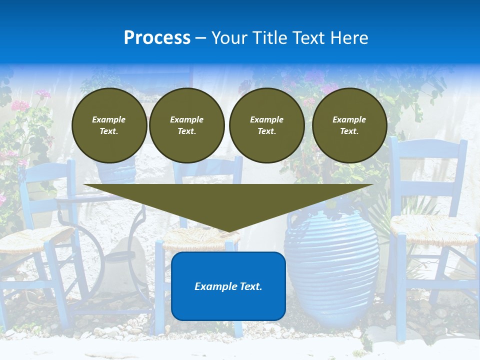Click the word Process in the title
point(157,38)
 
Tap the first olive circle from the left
point(109,125)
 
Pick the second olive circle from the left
point(186,125)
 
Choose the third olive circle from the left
point(266,125)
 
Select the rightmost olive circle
point(349,125)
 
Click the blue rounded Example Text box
point(228,286)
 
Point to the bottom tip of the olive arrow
point(229,231)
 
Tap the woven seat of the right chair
point(433,228)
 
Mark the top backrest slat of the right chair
point(428,148)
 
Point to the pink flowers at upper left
point(20,105)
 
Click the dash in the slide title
point(201,38)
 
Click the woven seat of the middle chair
point(200,239)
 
